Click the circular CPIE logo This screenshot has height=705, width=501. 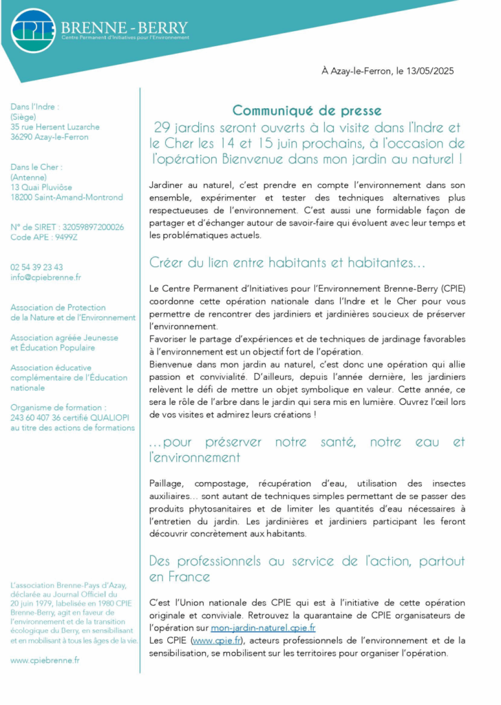point(33,31)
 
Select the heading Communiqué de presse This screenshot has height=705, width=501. point(306,110)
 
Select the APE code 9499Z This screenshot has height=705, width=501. point(66,237)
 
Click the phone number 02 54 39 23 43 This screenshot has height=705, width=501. point(36,266)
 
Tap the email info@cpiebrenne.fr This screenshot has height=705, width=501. point(45,277)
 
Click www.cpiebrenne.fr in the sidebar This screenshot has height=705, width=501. point(45,660)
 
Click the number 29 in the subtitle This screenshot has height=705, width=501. point(161,127)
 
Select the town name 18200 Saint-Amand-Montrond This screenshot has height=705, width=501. point(66,197)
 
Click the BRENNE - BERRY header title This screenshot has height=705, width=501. point(124,28)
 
